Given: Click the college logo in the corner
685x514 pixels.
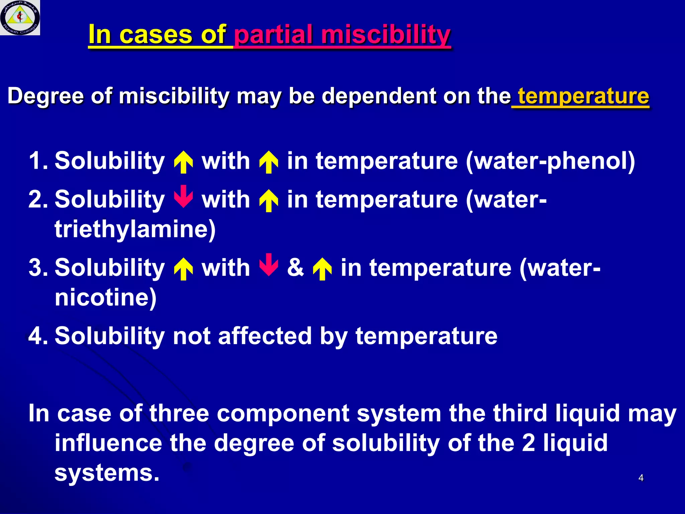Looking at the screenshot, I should point(20,17).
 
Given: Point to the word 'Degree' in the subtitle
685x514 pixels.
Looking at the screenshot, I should point(45,96).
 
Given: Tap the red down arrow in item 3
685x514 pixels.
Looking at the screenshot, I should point(269,265).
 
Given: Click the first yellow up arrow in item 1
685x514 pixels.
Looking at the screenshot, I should point(183,162).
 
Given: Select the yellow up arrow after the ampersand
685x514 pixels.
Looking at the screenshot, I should point(322,269).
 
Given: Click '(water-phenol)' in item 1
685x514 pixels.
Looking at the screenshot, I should point(550,161).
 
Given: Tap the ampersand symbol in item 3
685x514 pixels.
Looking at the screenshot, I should point(296,268).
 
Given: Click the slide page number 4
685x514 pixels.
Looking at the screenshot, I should point(641,478).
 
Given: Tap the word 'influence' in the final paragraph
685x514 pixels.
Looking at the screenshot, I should point(108,443).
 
